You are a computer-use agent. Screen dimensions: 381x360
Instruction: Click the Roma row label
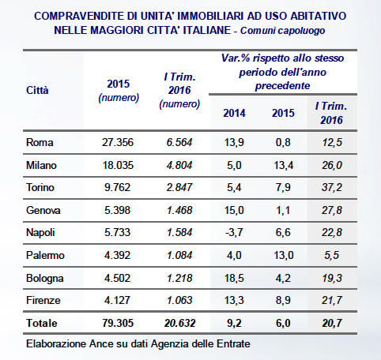[x=40, y=142]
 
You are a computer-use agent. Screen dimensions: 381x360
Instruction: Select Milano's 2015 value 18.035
[x=118, y=165]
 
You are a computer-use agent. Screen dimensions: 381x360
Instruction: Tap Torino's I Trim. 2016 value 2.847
[x=179, y=187]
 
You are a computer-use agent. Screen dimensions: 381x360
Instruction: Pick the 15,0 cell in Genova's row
[x=234, y=210]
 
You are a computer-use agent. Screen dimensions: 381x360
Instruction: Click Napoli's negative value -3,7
[x=234, y=232]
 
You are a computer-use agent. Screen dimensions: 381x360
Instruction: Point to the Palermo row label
[x=45, y=255]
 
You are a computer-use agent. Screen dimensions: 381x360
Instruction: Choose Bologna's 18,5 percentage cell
[x=234, y=278]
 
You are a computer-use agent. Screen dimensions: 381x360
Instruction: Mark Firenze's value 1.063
[x=179, y=300]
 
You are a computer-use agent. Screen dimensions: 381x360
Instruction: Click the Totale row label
[x=42, y=323]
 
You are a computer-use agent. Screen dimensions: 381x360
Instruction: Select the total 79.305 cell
[x=118, y=323]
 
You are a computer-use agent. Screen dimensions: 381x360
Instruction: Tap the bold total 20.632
[x=180, y=323]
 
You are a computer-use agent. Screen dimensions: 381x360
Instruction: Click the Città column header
[x=37, y=90]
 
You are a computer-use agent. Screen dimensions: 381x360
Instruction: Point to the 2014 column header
[x=234, y=113]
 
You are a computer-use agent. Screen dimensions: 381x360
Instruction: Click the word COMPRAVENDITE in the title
[x=79, y=16]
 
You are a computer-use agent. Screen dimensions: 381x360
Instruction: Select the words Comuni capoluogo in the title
[x=282, y=31]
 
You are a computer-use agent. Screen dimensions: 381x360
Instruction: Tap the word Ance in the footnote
[x=100, y=344]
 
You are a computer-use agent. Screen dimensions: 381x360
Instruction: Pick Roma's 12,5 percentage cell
[x=332, y=142]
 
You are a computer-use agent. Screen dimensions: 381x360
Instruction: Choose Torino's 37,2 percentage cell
[x=332, y=187]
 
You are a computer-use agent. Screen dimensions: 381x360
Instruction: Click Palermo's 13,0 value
[x=283, y=255]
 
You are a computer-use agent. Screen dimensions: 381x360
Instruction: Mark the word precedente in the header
[x=282, y=86]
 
